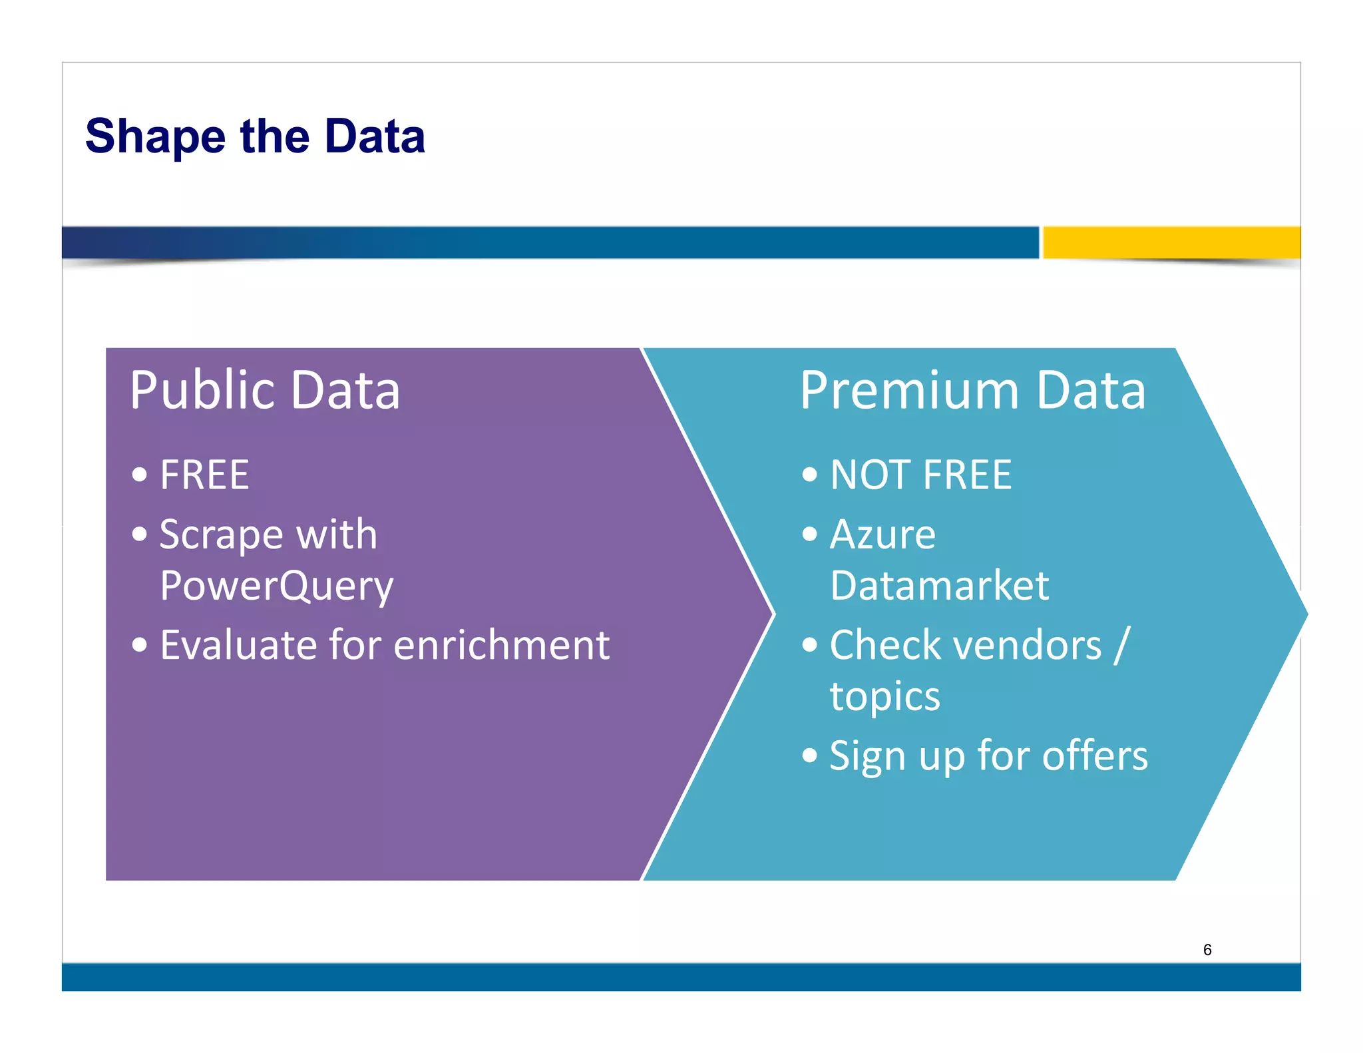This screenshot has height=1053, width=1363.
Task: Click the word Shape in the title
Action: pos(155,137)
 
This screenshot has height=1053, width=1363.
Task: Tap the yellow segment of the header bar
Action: pos(1171,242)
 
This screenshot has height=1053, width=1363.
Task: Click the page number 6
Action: pos(1207,950)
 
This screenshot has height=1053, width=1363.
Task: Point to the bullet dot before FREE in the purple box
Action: pos(139,475)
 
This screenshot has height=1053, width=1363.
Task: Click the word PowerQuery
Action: pos(276,586)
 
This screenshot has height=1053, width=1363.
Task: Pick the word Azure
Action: pos(882,534)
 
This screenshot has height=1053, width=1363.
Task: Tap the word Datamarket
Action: pos(939,586)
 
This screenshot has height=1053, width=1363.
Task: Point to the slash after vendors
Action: pos(1121,645)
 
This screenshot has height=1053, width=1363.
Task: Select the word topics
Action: pos(884,697)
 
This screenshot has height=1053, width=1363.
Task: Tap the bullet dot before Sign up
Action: pos(809,755)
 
